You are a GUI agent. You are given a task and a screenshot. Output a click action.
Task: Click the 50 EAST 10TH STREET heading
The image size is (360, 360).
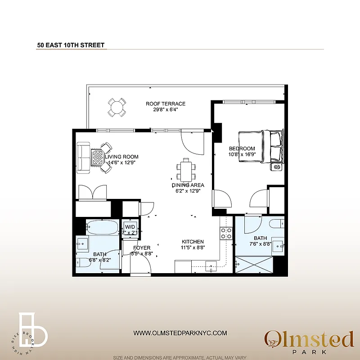click(71, 45)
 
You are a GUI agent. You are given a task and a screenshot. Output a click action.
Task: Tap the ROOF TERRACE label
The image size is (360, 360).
click(166, 104)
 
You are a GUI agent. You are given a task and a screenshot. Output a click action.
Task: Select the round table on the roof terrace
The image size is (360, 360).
click(117, 108)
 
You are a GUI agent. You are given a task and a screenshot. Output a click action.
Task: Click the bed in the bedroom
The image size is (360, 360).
click(260, 146)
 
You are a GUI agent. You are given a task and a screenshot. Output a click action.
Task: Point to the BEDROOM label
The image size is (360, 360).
click(242, 149)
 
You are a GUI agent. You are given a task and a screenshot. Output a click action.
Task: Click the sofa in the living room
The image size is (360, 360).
click(83, 157)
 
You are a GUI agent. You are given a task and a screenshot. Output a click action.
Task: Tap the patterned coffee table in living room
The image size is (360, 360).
click(98, 157)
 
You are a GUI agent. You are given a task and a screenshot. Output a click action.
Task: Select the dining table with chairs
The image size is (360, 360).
click(186, 170)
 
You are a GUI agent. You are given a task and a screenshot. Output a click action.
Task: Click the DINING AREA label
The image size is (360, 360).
click(188, 185)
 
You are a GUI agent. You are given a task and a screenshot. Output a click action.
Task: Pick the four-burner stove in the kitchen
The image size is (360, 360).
click(226, 233)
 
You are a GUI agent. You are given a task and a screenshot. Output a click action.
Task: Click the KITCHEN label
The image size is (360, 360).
click(193, 242)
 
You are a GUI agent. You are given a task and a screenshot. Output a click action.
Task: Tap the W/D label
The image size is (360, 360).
click(130, 226)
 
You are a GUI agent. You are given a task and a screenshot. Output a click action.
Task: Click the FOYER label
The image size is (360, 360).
click(142, 248)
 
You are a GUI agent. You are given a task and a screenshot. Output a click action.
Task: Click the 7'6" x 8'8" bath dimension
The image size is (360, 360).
click(260, 244)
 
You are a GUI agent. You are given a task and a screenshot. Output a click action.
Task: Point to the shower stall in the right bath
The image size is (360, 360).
click(254, 265)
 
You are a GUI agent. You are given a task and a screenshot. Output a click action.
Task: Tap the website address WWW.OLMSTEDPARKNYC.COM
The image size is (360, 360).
click(180, 333)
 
